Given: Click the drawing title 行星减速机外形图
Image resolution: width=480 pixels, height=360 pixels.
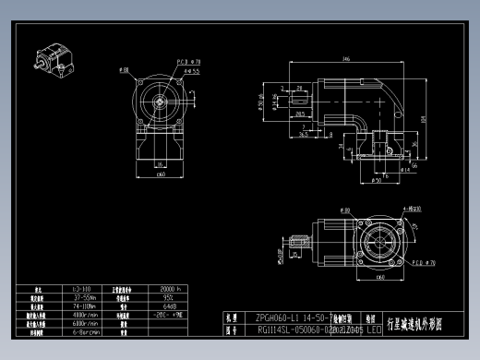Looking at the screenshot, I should (x=414, y=325).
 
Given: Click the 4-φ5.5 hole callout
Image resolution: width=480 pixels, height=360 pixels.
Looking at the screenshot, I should (x=192, y=70).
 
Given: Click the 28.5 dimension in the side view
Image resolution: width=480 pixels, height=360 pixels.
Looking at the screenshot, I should (x=300, y=114).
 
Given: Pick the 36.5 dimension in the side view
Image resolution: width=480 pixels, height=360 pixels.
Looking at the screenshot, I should (x=304, y=133).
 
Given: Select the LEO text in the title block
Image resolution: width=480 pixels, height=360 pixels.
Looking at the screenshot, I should (x=373, y=328).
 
